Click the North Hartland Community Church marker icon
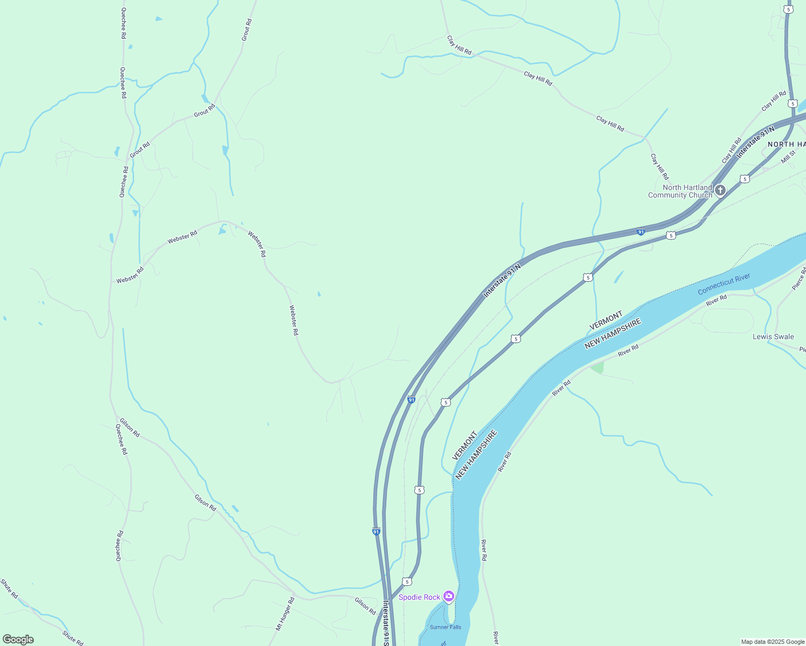click(720, 191)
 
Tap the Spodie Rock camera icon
click(448, 596)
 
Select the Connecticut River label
click(724, 284)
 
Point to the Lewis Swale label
click(773, 336)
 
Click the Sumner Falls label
click(445, 627)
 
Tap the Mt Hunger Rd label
click(285, 614)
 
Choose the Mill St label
click(788, 157)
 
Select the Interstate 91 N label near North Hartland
click(755, 142)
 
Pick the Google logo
click(18, 640)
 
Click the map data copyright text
click(773, 642)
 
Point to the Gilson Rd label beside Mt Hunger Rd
click(365, 606)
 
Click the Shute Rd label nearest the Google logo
click(72, 638)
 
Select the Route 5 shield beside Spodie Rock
click(407, 581)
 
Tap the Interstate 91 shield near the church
click(641, 232)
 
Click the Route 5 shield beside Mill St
click(744, 179)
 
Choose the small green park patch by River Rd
click(597, 368)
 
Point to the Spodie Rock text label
click(419, 597)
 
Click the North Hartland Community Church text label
click(680, 191)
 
